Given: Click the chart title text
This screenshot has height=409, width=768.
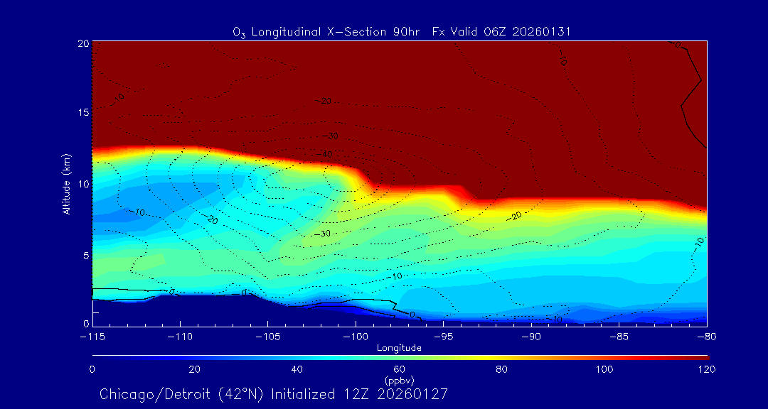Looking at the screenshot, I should pyautogui.click(x=402, y=32).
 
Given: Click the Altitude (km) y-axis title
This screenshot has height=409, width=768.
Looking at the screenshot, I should pyautogui.click(x=66, y=183).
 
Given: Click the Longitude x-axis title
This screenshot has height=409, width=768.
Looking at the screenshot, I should pyautogui.click(x=399, y=348).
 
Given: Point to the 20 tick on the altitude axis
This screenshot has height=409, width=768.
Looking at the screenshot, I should pyautogui.click(x=82, y=43).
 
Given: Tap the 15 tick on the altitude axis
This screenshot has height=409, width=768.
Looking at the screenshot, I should pyautogui.click(x=82, y=113).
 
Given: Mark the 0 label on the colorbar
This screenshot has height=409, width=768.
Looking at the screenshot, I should pyautogui.click(x=92, y=369).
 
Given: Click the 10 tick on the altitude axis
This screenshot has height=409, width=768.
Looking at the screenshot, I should pyautogui.click(x=82, y=184).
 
